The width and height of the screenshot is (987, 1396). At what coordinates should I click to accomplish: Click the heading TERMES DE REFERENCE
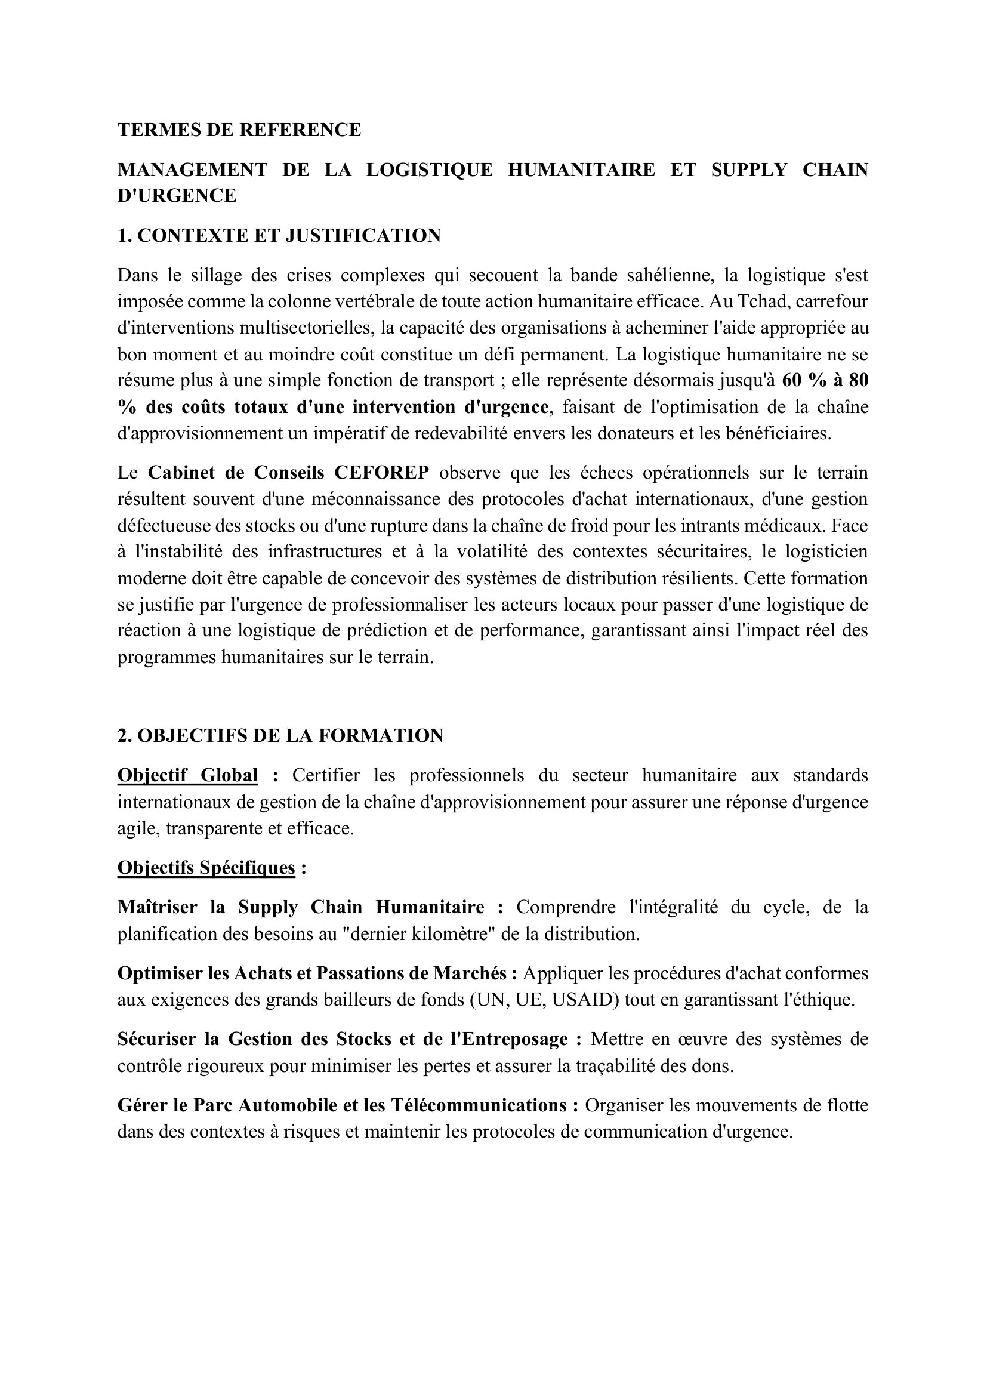(x=239, y=130)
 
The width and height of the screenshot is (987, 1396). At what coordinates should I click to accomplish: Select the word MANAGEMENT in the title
(x=192, y=170)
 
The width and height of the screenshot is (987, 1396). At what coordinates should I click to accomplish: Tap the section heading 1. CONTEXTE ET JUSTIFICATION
(x=279, y=235)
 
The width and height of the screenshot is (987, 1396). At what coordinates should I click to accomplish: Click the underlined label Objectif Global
(x=187, y=775)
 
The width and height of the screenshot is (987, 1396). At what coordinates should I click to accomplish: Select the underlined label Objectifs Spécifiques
(x=206, y=867)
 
